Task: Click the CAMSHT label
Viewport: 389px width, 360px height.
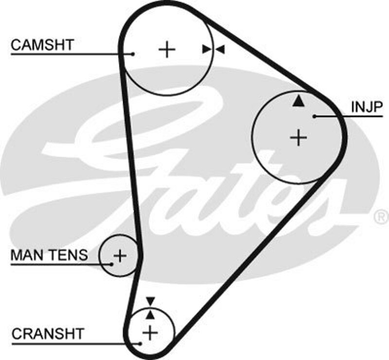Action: [x=42, y=45]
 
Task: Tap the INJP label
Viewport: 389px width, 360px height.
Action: [x=367, y=107]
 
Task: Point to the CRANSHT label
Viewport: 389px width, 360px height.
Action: [x=48, y=334]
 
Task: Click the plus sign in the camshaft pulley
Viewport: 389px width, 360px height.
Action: [x=167, y=49]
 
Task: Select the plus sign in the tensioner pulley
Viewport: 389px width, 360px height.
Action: [x=119, y=255]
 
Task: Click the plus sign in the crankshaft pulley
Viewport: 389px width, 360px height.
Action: [x=150, y=333]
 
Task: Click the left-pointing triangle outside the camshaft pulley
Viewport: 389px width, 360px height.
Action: [x=220, y=49]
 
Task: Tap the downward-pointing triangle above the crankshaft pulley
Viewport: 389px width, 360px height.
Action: [x=150, y=301]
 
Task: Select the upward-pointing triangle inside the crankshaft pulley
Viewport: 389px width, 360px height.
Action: [x=150, y=315]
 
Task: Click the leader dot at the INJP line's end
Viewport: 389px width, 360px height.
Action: [x=315, y=116]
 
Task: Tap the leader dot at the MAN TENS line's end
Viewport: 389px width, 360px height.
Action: [x=111, y=264]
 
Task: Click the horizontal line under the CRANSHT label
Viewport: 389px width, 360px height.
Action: [x=73, y=343]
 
